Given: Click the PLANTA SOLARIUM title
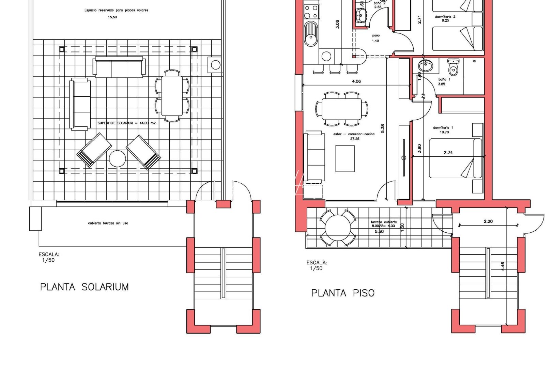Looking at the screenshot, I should [x=85, y=287].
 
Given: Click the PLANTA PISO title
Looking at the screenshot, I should [x=342, y=293].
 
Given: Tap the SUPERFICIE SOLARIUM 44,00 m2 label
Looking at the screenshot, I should [x=127, y=123].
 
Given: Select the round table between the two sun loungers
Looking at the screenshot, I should [x=117, y=158].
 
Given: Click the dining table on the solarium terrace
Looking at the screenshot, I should [x=172, y=96].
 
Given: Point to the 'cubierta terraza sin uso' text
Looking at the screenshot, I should [x=108, y=223].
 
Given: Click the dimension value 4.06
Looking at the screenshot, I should [x=356, y=81].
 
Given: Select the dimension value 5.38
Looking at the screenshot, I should [x=382, y=128].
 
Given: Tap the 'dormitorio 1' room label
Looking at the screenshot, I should [x=443, y=128].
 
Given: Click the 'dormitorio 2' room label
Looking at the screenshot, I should [x=445, y=17].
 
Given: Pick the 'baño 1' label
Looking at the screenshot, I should [x=444, y=79].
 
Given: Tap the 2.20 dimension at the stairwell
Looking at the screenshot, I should [x=488, y=221].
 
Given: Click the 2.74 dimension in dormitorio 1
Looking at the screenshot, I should [x=448, y=152].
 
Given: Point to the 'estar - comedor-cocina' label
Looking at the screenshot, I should [x=354, y=134].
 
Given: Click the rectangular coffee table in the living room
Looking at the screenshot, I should [x=345, y=158].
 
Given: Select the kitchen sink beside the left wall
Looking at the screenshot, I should [x=310, y=34].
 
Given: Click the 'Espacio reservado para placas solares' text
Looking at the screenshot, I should [x=116, y=10].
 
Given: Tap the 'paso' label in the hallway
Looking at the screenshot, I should [x=376, y=35].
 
